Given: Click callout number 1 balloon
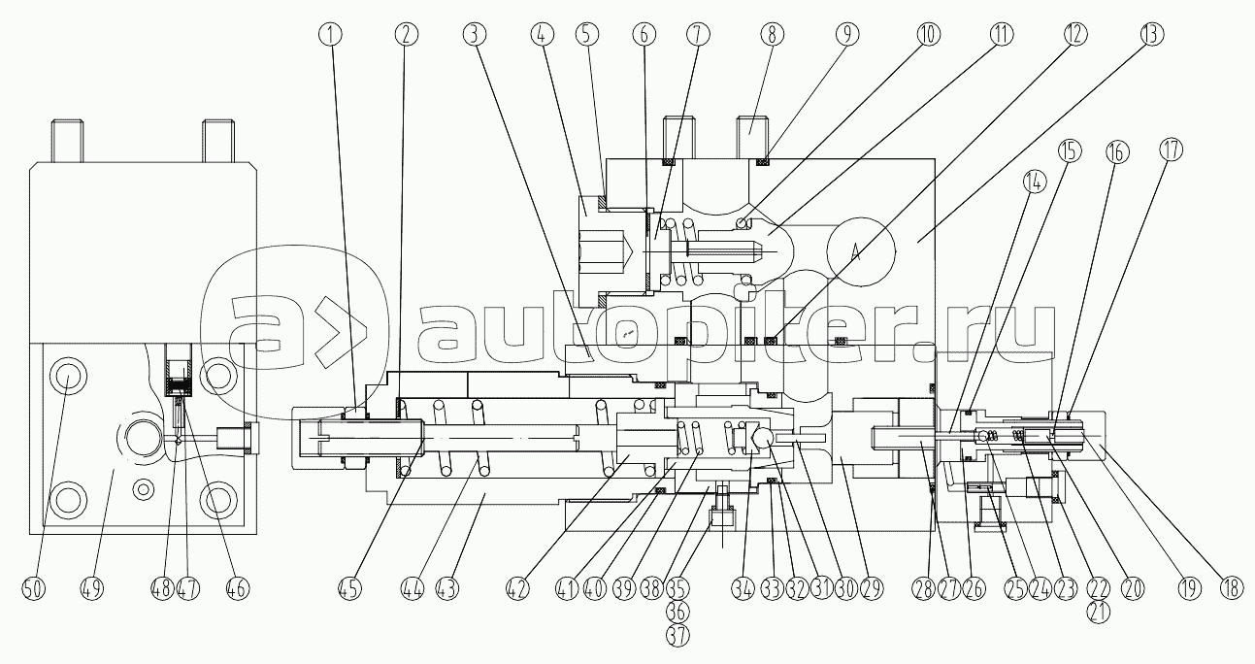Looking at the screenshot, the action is [x=330, y=35].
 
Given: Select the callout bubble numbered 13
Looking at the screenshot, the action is [x=1152, y=35].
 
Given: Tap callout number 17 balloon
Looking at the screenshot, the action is [x=1171, y=149].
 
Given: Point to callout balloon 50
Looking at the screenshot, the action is [x=33, y=589].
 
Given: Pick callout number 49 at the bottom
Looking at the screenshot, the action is [x=92, y=589].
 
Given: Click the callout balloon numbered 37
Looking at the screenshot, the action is [x=677, y=636].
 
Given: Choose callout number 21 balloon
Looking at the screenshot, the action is [x=1098, y=613].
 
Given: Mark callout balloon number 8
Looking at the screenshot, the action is [x=772, y=35].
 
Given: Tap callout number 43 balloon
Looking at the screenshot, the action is [x=446, y=589].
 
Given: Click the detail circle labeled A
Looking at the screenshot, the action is [x=861, y=249].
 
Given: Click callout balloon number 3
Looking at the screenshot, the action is [x=475, y=35].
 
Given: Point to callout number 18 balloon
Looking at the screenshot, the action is [x=1231, y=589].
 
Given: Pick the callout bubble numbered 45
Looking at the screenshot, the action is [x=349, y=589].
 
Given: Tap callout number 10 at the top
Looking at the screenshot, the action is [x=928, y=35].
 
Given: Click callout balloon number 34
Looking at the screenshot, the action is [x=743, y=589].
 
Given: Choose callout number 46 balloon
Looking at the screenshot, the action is [x=238, y=589].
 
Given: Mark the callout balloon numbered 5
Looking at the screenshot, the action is [x=586, y=35].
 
